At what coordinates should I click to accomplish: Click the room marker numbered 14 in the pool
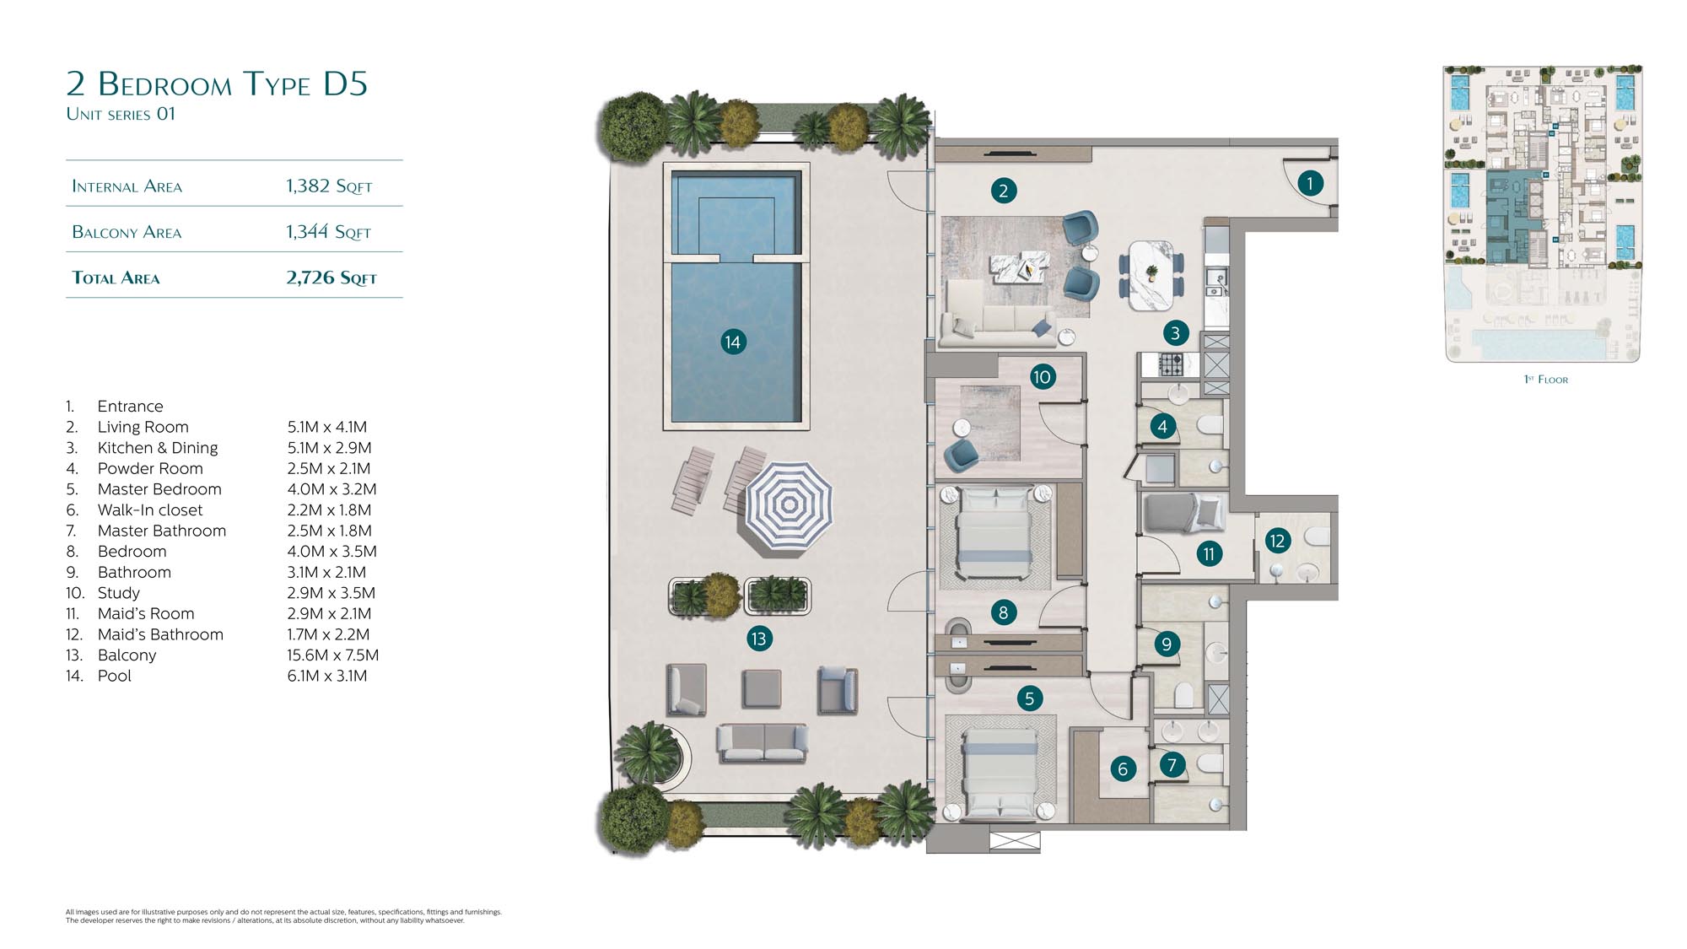[x=733, y=342]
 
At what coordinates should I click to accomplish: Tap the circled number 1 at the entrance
[x=1310, y=183]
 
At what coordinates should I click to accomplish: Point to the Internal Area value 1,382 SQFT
[x=329, y=186]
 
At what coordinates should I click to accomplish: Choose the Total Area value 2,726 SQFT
[x=331, y=278]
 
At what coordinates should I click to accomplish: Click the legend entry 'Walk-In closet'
[x=150, y=510]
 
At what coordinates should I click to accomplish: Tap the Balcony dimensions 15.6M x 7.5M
[x=332, y=655]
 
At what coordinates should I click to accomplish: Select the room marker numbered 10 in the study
[x=1042, y=377]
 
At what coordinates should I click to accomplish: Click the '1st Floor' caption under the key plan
[x=1546, y=380]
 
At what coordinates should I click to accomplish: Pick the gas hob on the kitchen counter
[x=1171, y=364]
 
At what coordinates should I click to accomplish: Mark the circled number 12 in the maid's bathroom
[x=1277, y=541]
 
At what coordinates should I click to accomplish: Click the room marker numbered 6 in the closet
[x=1123, y=768]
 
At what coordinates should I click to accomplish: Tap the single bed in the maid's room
[x=1182, y=511]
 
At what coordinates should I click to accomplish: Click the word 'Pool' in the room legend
[x=115, y=676]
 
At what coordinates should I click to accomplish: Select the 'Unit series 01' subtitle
[x=121, y=114]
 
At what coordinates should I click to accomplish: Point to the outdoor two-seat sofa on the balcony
[x=763, y=743]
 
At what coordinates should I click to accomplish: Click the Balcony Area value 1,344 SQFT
[x=328, y=232]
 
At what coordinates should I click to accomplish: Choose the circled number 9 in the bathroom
[x=1167, y=644]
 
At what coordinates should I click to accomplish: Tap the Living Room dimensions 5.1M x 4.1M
[x=327, y=427]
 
